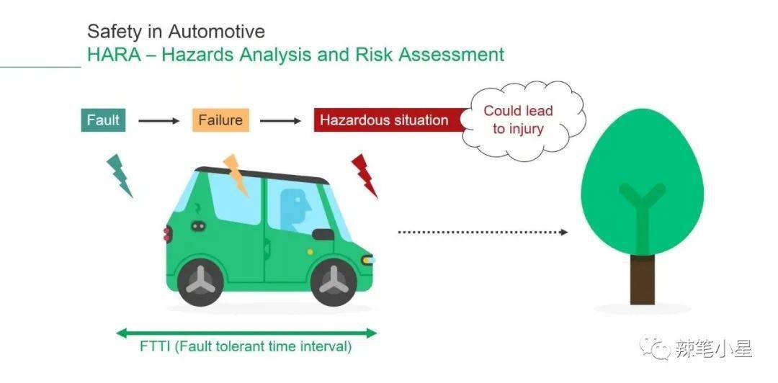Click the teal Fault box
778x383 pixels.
tap(103, 120)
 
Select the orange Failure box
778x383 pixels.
tap(220, 120)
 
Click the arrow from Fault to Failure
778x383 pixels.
tap(158, 121)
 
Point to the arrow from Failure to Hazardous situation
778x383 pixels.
tap(280, 121)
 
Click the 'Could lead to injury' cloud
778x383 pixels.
tap(519, 120)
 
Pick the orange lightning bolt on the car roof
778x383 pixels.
tap(236, 173)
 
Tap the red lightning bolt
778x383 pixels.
tap(365, 175)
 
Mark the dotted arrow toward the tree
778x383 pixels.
tap(483, 232)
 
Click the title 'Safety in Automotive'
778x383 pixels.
tap(176, 32)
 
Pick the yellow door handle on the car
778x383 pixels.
tap(310, 252)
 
